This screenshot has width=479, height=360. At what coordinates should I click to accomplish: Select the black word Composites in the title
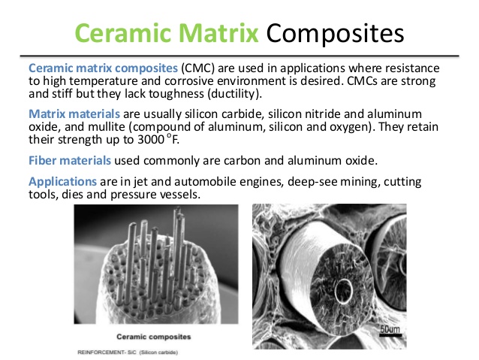click(x=335, y=34)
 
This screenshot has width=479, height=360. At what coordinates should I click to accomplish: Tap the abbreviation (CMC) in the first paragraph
click(x=198, y=68)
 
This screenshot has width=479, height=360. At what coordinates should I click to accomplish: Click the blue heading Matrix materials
click(x=74, y=113)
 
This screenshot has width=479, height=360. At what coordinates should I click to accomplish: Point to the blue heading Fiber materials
click(x=70, y=160)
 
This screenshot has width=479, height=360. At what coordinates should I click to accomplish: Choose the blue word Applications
click(x=62, y=182)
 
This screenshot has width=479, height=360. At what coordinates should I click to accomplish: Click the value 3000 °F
click(x=158, y=140)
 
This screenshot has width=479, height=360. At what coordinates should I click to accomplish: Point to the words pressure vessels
click(x=155, y=195)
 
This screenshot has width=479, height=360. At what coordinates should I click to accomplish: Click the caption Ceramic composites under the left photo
click(x=154, y=337)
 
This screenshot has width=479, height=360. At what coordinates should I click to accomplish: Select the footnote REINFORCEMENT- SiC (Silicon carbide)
click(x=128, y=352)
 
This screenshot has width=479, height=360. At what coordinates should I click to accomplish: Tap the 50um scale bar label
click(x=390, y=329)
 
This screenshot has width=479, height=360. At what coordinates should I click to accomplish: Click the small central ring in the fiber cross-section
click(x=343, y=289)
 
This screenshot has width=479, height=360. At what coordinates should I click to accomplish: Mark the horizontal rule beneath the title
click(x=239, y=56)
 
